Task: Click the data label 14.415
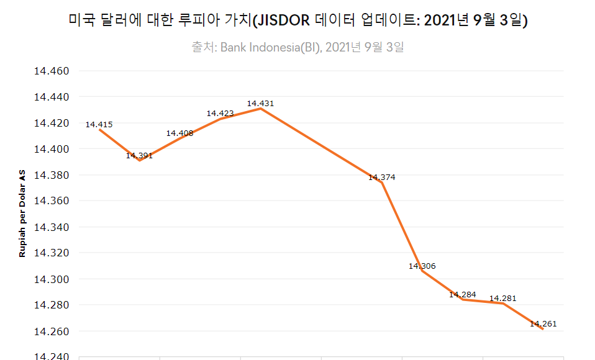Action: tap(99, 125)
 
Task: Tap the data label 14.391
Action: tap(139, 156)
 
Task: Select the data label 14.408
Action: tap(179, 133)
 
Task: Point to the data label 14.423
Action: tap(220, 114)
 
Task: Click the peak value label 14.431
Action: tap(260, 104)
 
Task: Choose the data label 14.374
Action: tap(381, 178)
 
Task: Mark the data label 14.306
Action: tap(422, 266)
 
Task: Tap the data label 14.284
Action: tap(462, 295)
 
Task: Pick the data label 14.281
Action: tap(502, 299)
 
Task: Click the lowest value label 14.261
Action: tap(543, 324)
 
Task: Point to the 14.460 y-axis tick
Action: tap(51, 71)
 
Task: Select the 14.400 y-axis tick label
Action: tap(51, 149)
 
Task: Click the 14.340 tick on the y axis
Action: tap(51, 227)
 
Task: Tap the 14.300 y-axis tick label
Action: tap(51, 279)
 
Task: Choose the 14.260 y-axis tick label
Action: tap(51, 331)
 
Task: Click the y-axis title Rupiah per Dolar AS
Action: tap(22, 214)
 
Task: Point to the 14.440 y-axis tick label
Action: tap(51, 97)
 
